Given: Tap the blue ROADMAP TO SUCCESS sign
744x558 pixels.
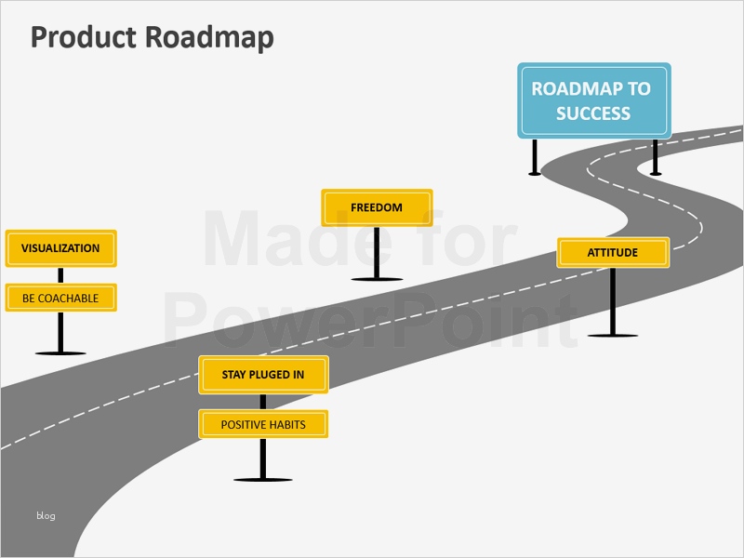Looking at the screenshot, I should pos(593,100).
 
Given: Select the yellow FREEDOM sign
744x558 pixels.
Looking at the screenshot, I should pos(377,207).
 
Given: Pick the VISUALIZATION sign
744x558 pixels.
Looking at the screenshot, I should pos(60,248).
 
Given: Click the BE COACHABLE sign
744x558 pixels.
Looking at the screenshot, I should pos(60,299).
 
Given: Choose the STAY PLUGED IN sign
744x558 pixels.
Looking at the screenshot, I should pos(263,375).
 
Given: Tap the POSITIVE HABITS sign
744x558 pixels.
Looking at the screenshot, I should pos(263,425).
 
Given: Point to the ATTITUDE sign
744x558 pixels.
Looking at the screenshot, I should pos(613,252).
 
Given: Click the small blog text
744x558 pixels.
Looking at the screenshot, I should pos(46,515).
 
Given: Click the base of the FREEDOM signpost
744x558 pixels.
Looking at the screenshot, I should pos(377,278).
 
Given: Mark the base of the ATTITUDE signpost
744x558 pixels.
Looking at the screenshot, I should pos(613,334).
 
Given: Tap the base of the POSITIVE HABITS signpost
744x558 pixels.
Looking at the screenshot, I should pos(263,479).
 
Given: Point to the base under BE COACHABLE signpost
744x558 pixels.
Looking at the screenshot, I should pos(60,352).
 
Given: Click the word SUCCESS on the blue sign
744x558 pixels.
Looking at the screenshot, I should pos(593,113).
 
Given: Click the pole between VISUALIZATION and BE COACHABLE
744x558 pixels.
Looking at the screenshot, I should pos(60,274).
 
